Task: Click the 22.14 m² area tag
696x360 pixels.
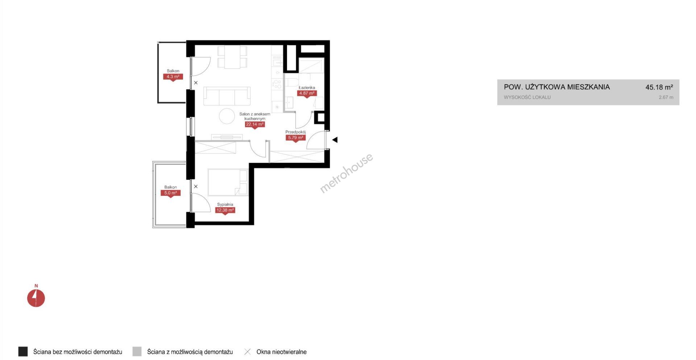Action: point(255,125)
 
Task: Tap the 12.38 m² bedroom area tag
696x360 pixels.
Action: point(225,210)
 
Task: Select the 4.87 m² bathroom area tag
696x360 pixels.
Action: point(307,94)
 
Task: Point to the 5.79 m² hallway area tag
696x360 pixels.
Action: point(295,138)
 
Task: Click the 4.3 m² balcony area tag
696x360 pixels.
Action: point(173,77)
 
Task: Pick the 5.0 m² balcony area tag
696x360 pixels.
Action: point(170,193)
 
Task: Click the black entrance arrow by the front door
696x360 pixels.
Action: point(335,140)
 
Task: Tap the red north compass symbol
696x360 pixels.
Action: point(36,298)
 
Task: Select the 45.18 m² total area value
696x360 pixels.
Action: point(659,87)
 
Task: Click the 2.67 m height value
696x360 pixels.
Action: point(666,97)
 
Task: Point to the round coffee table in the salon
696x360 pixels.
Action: point(227,116)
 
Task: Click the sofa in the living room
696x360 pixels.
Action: point(227,96)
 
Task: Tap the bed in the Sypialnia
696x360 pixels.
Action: point(228,182)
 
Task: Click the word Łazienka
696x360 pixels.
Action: point(307,88)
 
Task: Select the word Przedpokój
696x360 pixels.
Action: point(295,132)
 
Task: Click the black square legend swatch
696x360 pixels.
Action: point(23,352)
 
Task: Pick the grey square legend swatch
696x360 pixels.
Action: point(137,352)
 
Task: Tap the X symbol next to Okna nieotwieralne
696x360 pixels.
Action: point(248,352)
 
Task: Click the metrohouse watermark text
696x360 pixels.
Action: point(346,173)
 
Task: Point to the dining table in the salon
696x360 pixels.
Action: point(232,57)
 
